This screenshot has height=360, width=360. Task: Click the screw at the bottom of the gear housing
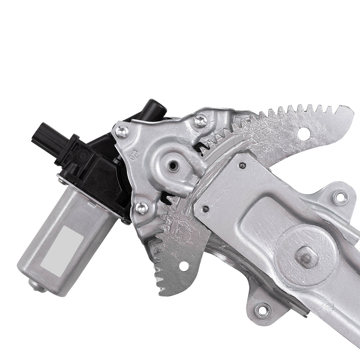click(141, 208)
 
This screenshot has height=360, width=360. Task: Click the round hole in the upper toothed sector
click(304, 132)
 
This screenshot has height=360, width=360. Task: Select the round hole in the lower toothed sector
click(184, 266)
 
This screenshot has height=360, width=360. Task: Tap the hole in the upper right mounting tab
click(340, 198)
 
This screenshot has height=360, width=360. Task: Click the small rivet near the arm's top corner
click(243, 165)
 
